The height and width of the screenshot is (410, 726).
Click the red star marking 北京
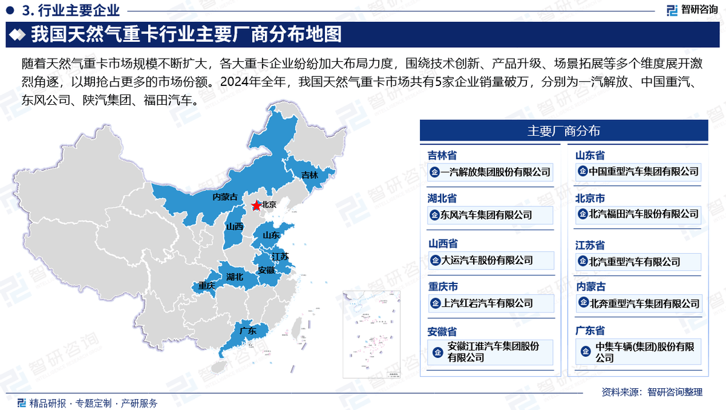[x=257, y=206]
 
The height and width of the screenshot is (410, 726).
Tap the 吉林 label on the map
[x=310, y=175]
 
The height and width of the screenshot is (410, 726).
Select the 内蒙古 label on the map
[x=224, y=197]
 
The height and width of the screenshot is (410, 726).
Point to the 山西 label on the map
[x=234, y=226]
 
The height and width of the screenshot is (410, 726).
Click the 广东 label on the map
[x=248, y=331]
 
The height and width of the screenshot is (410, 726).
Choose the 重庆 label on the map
[x=207, y=285]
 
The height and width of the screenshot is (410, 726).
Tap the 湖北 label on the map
[x=235, y=277]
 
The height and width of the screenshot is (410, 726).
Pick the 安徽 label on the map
[x=266, y=270]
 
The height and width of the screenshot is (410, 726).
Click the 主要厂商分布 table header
[x=563, y=131]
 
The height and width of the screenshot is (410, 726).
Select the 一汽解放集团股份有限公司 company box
[x=490, y=172]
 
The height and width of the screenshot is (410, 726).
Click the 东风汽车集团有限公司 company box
[x=490, y=214]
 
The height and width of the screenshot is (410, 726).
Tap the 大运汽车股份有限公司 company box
[x=490, y=260]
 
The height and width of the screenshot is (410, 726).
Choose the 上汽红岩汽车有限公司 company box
[x=490, y=303]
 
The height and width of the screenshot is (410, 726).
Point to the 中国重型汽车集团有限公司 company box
[x=638, y=171]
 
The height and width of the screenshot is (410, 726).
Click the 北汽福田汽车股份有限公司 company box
[x=638, y=213]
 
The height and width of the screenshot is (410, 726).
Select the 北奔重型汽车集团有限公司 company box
[x=638, y=303]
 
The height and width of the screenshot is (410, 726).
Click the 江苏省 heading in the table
[x=590, y=245]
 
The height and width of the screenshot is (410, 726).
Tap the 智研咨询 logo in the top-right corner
[x=692, y=10]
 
